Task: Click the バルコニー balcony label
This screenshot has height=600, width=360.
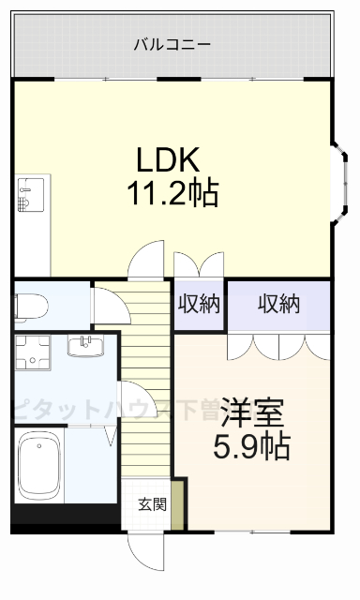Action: [x=172, y=44]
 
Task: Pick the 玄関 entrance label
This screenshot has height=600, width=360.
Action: [x=152, y=504]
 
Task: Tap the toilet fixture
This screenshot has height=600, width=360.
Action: [x=30, y=306]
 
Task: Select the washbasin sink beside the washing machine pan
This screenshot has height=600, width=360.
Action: [x=88, y=347]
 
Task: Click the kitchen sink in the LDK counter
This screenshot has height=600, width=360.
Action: [x=24, y=198]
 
